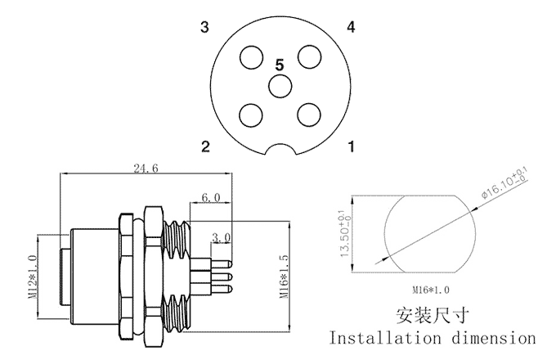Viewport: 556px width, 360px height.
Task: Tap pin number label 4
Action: (351, 28)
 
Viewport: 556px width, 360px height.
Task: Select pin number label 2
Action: (206, 147)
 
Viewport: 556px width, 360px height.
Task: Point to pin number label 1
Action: (351, 147)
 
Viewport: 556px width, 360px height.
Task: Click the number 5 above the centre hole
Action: (280, 63)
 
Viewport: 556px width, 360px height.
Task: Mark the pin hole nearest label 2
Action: (250, 113)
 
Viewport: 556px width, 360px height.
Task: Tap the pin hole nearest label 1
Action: (308, 113)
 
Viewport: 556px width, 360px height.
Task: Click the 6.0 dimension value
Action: (210, 198)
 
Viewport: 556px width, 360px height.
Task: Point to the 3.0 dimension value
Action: (221, 237)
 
